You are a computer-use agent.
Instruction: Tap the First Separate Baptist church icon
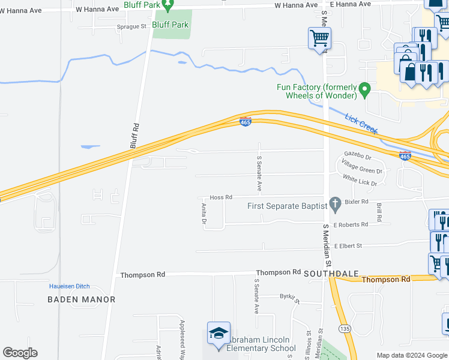pyautogui.click(x=336, y=205)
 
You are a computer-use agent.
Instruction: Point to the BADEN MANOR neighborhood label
pyautogui.click(x=82, y=299)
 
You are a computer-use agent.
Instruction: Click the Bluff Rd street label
pyautogui.click(x=134, y=136)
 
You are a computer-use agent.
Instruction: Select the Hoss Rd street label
pyautogui.click(x=221, y=197)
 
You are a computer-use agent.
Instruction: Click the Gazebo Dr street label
pyautogui.click(x=358, y=155)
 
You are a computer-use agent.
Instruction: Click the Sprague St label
pyautogui.click(x=131, y=26)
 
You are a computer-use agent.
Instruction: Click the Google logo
pyautogui.click(x=20, y=353)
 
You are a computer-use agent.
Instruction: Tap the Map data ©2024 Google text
pyautogui.click(x=412, y=355)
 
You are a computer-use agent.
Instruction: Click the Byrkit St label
pyautogui.click(x=289, y=296)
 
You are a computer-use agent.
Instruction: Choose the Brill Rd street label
pyautogui.click(x=379, y=211)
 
